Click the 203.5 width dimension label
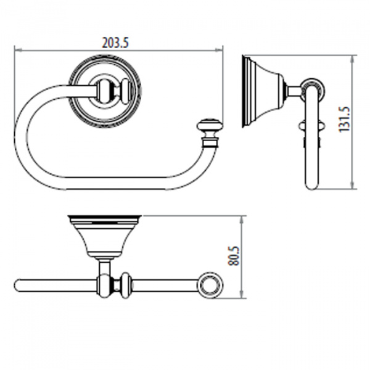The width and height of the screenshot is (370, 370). click(115, 43)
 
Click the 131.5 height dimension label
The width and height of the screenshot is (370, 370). click(345, 119)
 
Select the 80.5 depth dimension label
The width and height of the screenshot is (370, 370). click(234, 256)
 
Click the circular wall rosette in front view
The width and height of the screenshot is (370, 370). click(105, 91)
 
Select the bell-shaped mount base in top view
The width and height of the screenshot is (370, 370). click(105, 237)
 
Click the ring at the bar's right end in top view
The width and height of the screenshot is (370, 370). click(210, 286)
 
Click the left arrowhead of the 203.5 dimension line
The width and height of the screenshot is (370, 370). click(18, 50)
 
